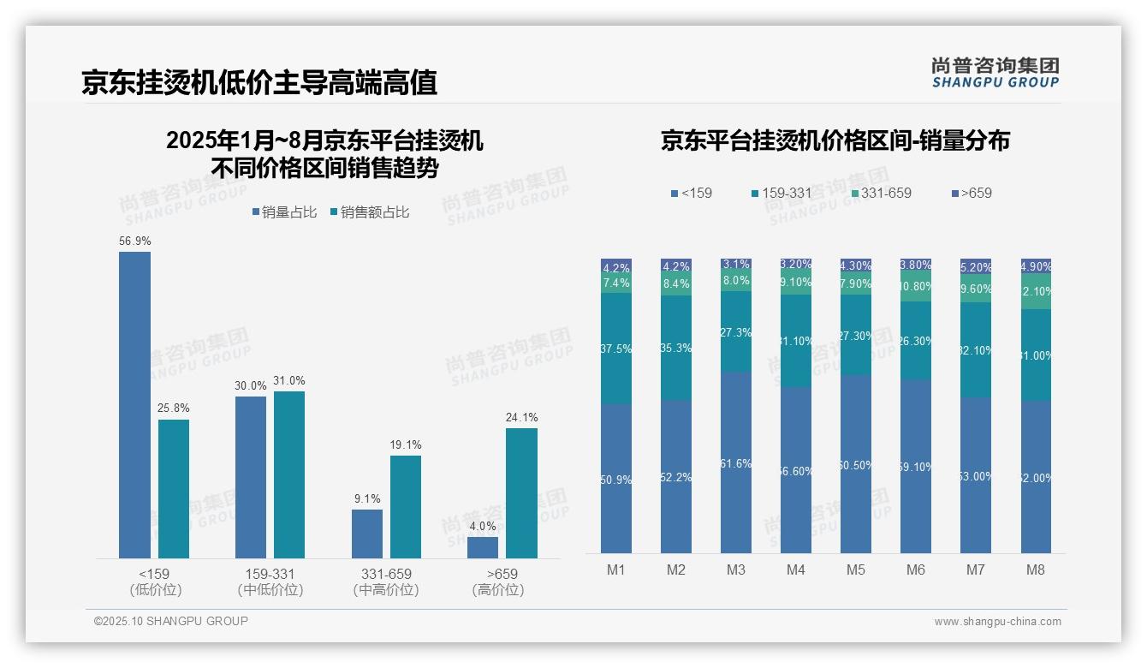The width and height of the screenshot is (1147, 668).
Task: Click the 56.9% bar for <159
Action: [x=134, y=404]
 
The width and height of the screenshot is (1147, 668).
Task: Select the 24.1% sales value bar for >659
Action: [x=521, y=492]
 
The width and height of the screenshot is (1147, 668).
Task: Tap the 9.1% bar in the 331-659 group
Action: [x=367, y=534]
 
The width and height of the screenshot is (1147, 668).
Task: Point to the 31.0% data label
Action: [x=289, y=380]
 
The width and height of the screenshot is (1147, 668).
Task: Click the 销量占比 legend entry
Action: [x=284, y=212]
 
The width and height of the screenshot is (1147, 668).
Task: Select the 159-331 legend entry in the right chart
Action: [x=781, y=193]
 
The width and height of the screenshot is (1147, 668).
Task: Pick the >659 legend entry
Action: [x=971, y=193]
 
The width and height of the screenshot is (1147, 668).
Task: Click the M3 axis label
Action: [x=735, y=570]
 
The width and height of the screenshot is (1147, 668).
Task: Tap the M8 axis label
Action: [x=1035, y=570]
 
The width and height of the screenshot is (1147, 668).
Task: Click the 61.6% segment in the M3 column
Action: [x=735, y=462]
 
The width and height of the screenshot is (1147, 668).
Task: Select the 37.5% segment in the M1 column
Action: [x=616, y=349]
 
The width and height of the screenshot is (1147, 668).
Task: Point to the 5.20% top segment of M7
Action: [x=975, y=266]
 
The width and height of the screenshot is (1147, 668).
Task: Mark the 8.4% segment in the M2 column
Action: [x=675, y=283]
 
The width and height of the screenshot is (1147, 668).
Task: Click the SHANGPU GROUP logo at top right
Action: [x=995, y=73]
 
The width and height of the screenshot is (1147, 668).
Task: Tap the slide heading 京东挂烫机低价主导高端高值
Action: [x=259, y=82]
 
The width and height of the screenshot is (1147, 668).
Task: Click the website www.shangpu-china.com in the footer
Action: [x=997, y=621]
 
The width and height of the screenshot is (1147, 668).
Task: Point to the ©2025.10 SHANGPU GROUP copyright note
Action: [x=171, y=621]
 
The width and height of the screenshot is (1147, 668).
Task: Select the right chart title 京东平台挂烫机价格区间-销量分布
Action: [x=835, y=140]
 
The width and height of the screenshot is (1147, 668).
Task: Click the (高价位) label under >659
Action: [x=497, y=590]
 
